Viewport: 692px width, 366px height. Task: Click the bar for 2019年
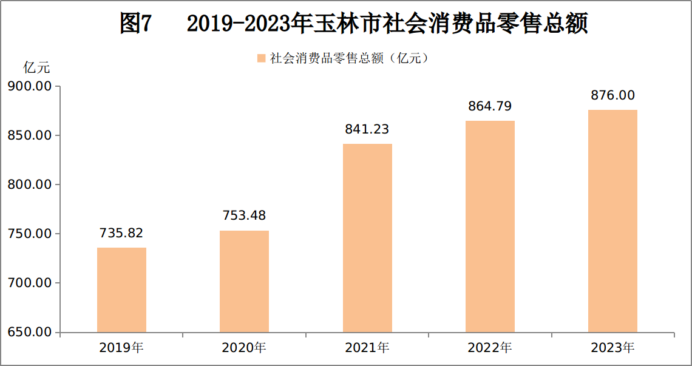point(121,290)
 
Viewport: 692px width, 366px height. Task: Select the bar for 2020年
point(244,282)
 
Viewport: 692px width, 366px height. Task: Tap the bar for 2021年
point(367,239)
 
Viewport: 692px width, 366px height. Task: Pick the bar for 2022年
point(490,226)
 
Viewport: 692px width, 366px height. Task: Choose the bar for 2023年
point(612,221)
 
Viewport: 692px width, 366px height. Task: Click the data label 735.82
point(121,233)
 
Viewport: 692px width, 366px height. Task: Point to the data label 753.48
point(244,216)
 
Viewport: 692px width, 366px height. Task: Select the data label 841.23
point(367,129)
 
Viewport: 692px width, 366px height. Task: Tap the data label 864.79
point(490,106)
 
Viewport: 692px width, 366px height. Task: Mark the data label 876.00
point(612,95)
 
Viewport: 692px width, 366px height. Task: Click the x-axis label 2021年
point(367,348)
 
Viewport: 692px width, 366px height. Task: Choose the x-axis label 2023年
point(612,348)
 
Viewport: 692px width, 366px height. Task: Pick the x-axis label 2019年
point(121,348)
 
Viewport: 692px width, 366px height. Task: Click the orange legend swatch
point(261,58)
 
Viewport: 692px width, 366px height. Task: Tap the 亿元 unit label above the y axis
point(36,69)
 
